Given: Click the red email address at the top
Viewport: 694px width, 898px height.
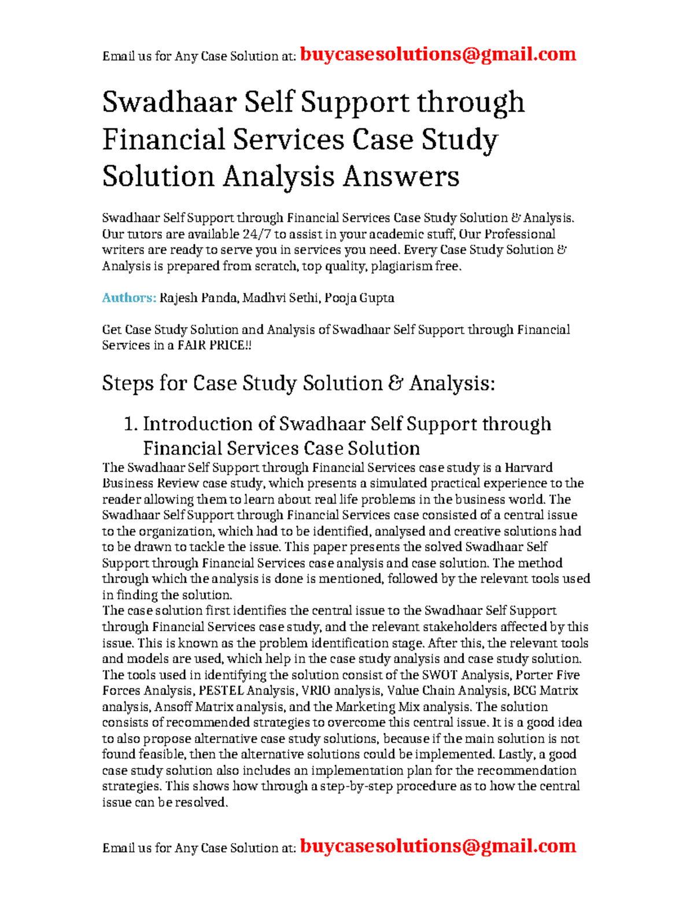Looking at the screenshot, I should tap(438, 54).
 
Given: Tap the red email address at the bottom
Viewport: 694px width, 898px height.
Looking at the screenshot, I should tap(438, 846).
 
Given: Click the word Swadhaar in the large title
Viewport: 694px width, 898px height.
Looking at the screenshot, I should tap(169, 102).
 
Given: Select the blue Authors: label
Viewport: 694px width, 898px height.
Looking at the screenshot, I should tap(129, 298).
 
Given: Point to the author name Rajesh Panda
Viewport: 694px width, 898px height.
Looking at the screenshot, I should tap(198, 298).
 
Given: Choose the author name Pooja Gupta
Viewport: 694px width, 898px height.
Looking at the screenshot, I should tap(359, 298).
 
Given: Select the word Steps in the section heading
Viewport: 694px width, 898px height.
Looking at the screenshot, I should tap(127, 383).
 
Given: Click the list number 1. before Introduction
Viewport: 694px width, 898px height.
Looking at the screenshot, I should tap(131, 424).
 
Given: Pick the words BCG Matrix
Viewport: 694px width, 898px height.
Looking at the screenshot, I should tap(547, 690).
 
